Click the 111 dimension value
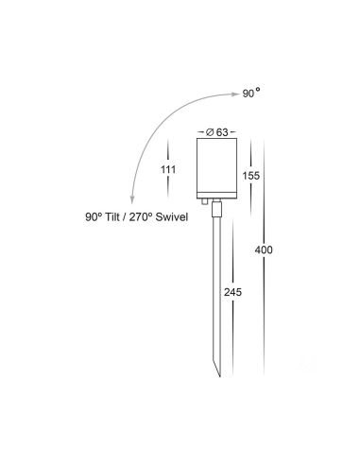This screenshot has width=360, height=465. [x=168, y=170]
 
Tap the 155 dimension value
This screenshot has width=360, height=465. [x=251, y=176]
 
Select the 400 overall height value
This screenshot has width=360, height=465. [x=264, y=250]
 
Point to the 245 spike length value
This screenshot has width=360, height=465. [x=232, y=292]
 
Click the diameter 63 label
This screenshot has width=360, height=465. [x=217, y=132]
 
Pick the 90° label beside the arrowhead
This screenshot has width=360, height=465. [x=251, y=93]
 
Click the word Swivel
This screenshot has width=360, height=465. [x=172, y=217]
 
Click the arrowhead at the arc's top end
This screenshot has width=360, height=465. [x=236, y=94]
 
